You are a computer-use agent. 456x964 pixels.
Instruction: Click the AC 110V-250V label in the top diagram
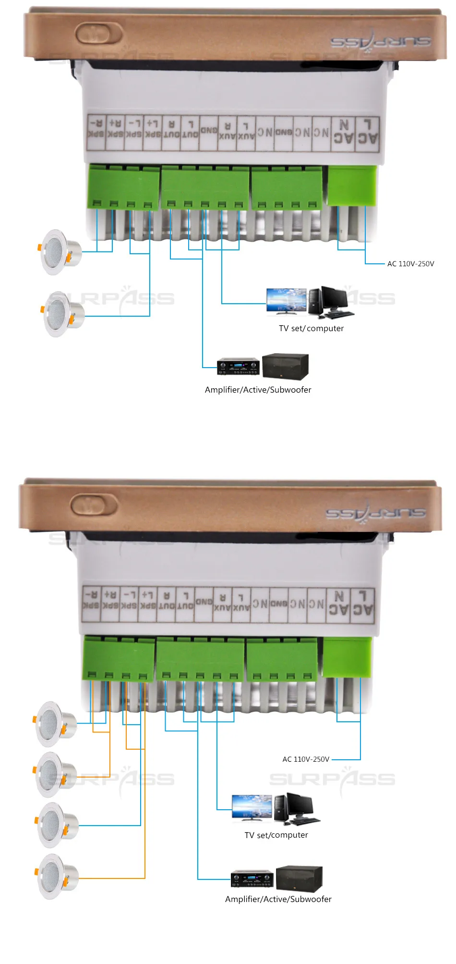click(x=410, y=264)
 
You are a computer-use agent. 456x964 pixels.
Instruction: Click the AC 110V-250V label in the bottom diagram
click(x=306, y=759)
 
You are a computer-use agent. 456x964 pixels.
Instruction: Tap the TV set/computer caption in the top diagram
click(x=311, y=328)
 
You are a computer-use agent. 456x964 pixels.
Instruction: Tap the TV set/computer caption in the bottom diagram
click(x=276, y=835)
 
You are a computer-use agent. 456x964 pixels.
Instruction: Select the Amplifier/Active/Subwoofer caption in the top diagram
click(x=258, y=390)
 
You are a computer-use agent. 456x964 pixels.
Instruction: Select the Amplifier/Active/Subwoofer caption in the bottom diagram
click(x=278, y=899)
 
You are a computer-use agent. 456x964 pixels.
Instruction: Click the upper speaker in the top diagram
click(x=60, y=252)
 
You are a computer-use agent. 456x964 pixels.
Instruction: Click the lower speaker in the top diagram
click(x=62, y=314)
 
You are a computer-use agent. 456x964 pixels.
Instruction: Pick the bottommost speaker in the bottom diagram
click(x=56, y=877)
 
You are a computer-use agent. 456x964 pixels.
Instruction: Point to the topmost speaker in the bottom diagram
click(x=55, y=724)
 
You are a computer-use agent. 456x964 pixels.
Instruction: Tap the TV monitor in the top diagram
click(x=287, y=301)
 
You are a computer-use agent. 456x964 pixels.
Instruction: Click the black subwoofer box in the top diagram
click(x=285, y=367)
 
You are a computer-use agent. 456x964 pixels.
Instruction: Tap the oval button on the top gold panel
click(x=99, y=35)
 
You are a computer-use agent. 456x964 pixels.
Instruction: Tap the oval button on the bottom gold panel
click(x=94, y=506)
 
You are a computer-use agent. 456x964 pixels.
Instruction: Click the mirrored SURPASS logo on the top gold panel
click(x=380, y=41)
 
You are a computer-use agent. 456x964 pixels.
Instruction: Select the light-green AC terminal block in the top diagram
click(x=351, y=185)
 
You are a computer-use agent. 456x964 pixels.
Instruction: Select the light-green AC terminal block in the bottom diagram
click(x=347, y=657)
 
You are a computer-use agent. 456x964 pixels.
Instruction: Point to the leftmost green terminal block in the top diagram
click(x=123, y=186)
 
